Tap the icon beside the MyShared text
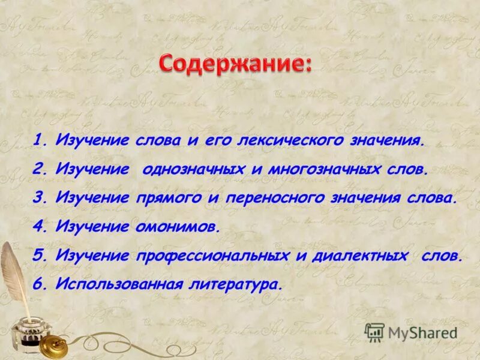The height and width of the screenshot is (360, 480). pyautogui.click(x=374, y=331)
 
